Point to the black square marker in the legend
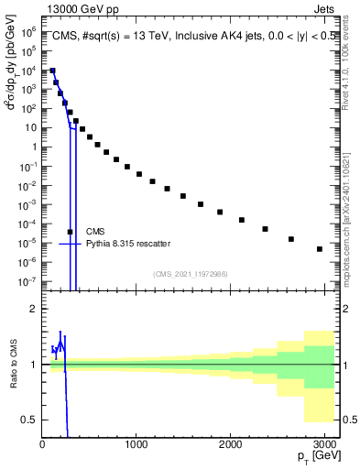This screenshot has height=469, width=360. click(71, 232)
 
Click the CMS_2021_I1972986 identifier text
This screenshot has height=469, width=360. click(191, 274)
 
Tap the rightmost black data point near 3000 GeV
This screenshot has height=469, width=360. click(319, 249)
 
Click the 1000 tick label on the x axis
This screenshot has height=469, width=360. click(136, 444)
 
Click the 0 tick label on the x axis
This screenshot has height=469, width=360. click(43, 444)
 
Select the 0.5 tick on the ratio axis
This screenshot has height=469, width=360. click(30, 420)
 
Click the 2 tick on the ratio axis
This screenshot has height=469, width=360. click(34, 309)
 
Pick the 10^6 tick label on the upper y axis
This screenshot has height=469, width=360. click(28, 31)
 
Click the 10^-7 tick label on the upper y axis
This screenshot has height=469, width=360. click(28, 281)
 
